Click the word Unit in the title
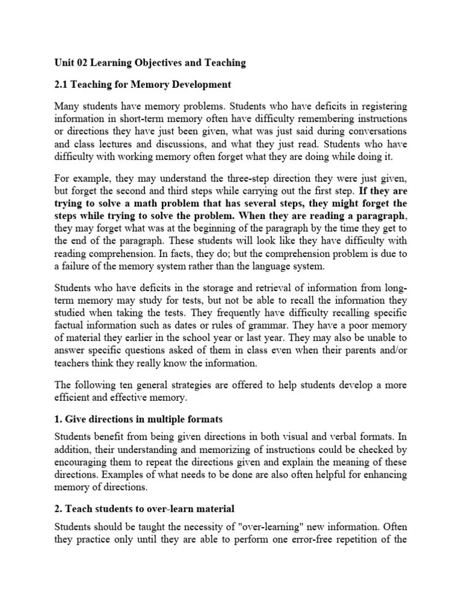tap(65, 62)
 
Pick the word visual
tap(310, 436)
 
